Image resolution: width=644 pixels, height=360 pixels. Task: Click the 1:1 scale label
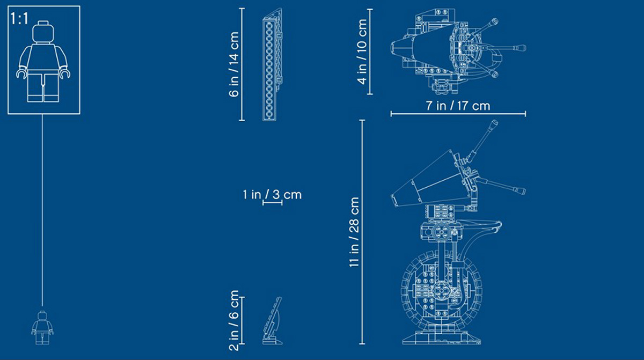pyautogui.click(x=19, y=18)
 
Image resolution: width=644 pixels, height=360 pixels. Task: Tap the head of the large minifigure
pyautogui.click(x=43, y=32)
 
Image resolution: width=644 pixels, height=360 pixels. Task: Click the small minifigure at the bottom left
pyautogui.click(x=42, y=328)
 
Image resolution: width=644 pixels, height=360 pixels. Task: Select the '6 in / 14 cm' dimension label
pyautogui.click(x=235, y=64)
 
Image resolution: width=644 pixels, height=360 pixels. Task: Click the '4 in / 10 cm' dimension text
pyautogui.click(x=362, y=52)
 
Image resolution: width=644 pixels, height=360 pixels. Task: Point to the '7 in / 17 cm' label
pyautogui.click(x=458, y=106)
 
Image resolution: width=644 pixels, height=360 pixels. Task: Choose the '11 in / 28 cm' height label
pyautogui.click(x=354, y=232)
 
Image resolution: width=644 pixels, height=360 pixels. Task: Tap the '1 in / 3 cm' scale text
pyautogui.click(x=272, y=195)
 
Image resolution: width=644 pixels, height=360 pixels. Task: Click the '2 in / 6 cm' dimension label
pyautogui.click(x=235, y=320)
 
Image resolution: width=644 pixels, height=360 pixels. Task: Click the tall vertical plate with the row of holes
pyautogui.click(x=272, y=64)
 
